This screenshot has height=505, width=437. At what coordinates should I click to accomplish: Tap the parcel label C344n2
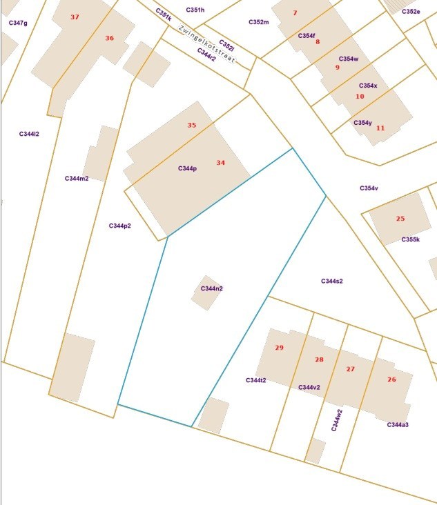click(x=211, y=288)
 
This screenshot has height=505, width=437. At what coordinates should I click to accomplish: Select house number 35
click(x=192, y=126)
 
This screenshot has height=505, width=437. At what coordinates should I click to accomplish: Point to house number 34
click(x=220, y=163)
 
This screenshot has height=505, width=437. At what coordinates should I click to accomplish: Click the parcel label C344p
click(x=187, y=168)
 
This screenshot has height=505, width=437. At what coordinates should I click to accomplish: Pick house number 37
click(x=75, y=17)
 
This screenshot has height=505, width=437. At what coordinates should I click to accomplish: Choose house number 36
click(x=109, y=38)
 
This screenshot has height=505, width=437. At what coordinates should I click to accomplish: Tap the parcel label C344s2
click(x=331, y=281)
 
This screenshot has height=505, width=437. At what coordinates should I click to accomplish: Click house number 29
click(x=279, y=348)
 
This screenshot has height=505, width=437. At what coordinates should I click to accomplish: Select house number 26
click(x=391, y=380)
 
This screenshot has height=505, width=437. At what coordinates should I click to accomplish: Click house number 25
click(x=400, y=219)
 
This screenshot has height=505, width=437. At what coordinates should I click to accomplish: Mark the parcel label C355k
click(x=410, y=239)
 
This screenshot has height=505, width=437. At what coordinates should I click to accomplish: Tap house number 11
click(x=380, y=128)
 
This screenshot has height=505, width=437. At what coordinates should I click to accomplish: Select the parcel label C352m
click(x=258, y=22)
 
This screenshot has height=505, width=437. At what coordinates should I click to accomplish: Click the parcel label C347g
click(x=18, y=23)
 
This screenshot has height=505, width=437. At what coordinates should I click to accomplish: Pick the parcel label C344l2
click(x=29, y=134)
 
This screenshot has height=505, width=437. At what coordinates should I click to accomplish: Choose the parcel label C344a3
click(x=398, y=424)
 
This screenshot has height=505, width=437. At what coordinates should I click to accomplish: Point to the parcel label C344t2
click(x=255, y=380)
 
